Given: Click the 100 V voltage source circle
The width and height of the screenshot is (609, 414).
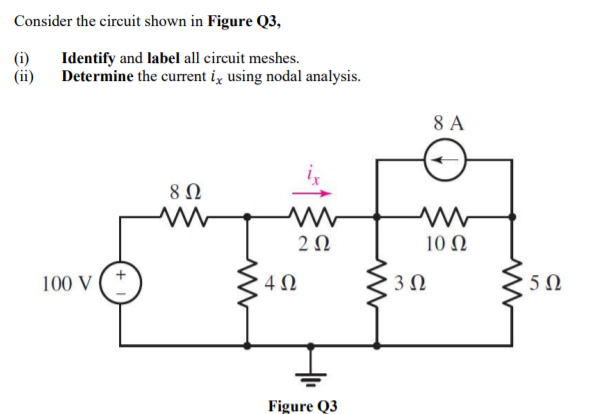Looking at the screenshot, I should (x=123, y=281).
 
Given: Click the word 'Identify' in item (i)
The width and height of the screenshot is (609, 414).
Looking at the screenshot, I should (x=89, y=60).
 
